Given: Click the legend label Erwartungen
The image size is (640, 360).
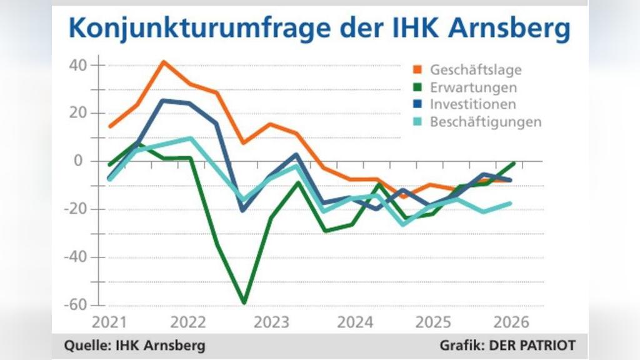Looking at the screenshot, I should (473, 87).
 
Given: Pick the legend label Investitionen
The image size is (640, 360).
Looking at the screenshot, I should (472, 104).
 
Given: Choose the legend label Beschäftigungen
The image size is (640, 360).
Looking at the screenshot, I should (485, 122).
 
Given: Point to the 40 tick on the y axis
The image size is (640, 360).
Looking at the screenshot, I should (78, 65).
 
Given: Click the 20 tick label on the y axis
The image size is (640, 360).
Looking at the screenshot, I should (78, 113).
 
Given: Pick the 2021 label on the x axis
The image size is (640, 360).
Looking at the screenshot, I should (109, 322).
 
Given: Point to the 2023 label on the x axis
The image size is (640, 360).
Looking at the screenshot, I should (272, 322).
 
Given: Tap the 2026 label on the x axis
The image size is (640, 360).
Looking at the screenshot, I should (511, 322).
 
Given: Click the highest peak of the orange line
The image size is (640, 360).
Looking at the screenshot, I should (163, 61).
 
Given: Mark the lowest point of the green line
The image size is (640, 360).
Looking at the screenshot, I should (244, 303).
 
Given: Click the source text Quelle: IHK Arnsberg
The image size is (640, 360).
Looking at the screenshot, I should (134, 345).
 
